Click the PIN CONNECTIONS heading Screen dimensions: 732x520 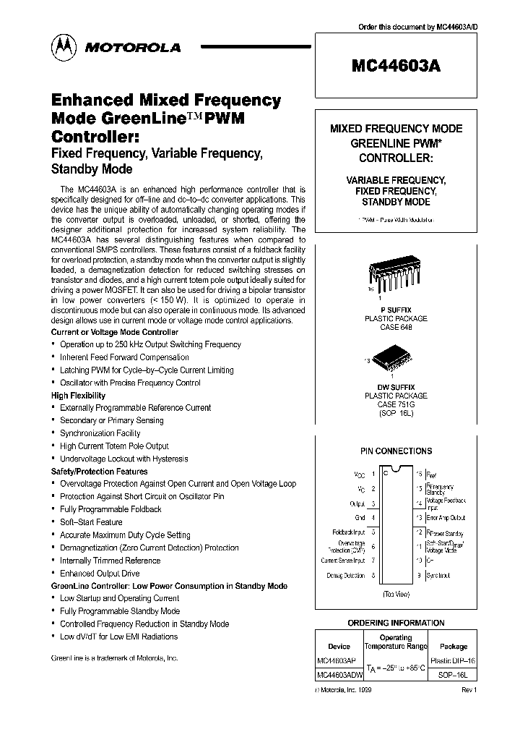click(x=396, y=451)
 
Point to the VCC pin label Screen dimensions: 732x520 click(x=359, y=475)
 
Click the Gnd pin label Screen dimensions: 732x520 click(x=360, y=517)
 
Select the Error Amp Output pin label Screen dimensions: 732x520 click(x=446, y=517)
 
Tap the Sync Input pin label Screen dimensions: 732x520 click(x=438, y=576)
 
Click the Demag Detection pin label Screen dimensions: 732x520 click(x=346, y=576)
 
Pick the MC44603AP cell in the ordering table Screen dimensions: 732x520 click(x=337, y=660)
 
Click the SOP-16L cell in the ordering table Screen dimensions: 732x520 click(x=453, y=675)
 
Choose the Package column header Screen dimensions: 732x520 click(x=453, y=646)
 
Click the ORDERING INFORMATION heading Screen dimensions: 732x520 click(x=396, y=623)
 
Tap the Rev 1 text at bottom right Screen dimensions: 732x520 click(x=469, y=691)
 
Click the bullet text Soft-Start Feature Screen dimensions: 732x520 click(x=91, y=522)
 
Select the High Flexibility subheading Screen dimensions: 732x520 click(x=78, y=396)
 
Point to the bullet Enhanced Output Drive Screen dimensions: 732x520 click(x=100, y=573)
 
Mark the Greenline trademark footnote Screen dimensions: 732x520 click(x=114, y=658)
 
